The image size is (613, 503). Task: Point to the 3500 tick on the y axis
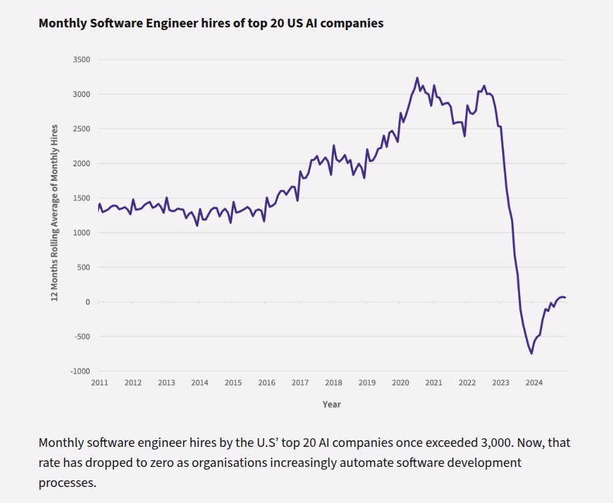click(x=81, y=59)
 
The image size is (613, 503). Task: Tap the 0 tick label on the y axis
click(x=87, y=302)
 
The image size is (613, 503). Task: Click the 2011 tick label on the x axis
click(x=99, y=383)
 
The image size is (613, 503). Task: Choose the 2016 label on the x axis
click(x=266, y=383)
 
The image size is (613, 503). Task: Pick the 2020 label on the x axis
click(x=400, y=383)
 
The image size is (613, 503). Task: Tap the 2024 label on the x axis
click(x=534, y=383)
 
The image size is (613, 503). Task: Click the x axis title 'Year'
click(x=332, y=404)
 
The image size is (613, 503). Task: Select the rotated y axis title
click(x=55, y=212)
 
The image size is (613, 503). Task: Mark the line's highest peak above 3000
click(x=417, y=77)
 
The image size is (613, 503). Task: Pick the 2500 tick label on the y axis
click(x=81, y=129)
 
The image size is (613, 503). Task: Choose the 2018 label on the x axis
click(x=333, y=383)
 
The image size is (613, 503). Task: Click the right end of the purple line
click(x=565, y=297)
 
